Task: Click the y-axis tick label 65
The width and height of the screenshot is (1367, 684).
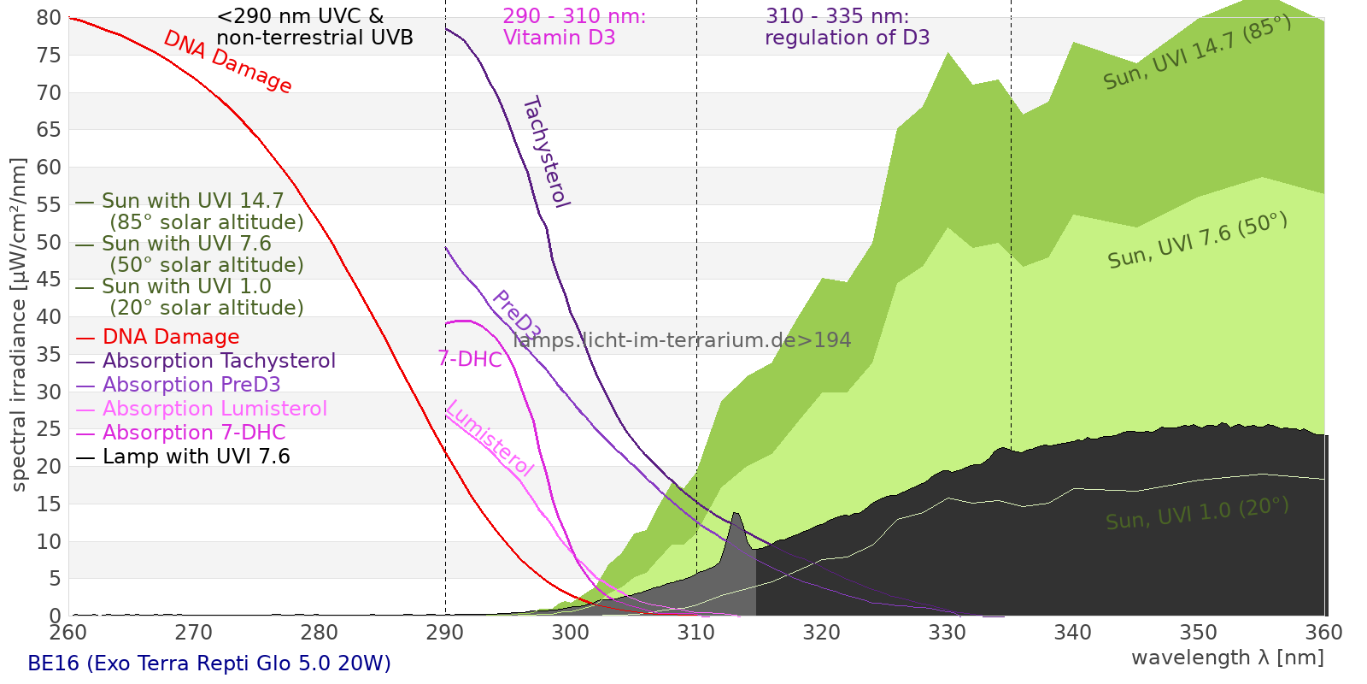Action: tap(50, 130)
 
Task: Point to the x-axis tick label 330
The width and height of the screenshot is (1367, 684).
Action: tap(947, 633)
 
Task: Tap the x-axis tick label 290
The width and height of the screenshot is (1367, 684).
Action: tap(444, 633)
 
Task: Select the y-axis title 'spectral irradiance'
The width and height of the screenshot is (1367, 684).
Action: tap(19, 325)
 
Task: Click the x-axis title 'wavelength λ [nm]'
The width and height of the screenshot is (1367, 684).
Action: tap(1227, 657)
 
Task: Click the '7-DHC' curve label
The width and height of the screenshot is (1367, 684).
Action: tap(470, 359)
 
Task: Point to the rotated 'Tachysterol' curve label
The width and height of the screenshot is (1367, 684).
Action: tap(546, 152)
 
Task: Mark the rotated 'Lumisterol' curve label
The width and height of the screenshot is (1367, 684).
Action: tap(490, 438)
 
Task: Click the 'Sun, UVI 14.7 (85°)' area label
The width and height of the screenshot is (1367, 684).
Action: tap(1197, 52)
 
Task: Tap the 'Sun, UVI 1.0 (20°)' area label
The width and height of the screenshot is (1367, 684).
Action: tap(1197, 514)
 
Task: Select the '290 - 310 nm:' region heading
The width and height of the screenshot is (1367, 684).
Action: tap(574, 16)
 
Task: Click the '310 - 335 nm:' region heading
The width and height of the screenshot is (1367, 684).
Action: tap(837, 16)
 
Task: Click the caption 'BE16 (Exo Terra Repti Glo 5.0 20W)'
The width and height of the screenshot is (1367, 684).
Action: tap(209, 663)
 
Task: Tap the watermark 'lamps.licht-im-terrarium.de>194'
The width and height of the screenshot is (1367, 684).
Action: tap(682, 340)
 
